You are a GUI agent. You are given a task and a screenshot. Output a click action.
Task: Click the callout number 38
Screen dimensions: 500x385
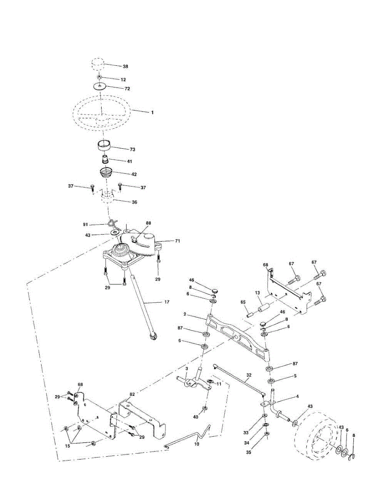pos(126,67)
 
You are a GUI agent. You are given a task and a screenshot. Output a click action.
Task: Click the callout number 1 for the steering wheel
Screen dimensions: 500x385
pos(152,112)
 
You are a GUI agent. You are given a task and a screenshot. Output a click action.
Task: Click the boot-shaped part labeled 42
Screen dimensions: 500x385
pos(107,172)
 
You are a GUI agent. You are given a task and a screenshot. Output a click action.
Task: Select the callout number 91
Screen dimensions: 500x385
pos(85,225)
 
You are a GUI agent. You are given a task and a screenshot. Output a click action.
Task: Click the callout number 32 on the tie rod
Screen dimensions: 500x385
pos(248,375)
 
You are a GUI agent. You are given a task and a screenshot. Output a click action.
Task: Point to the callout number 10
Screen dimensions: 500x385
pos(197,444)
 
